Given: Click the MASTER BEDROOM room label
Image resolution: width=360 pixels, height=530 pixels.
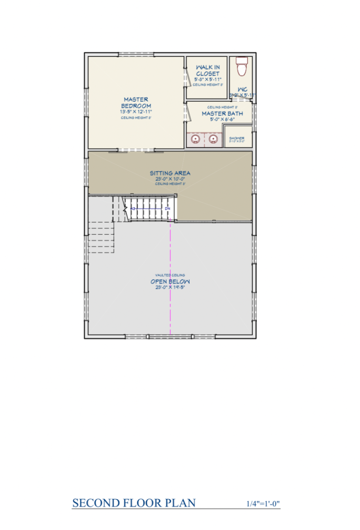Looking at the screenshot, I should tap(136, 103).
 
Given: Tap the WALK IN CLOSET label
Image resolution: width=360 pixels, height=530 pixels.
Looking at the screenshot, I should tap(207, 70).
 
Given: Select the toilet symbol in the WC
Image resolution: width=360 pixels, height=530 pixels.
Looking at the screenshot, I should tap(241, 66).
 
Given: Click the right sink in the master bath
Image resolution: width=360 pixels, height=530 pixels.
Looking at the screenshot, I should tap(213, 139).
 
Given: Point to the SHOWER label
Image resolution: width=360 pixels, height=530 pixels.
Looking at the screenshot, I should tap(237, 138).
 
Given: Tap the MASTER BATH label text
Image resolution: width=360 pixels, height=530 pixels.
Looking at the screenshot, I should tap(222, 114).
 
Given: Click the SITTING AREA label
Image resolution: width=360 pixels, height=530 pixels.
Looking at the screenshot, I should tap(170, 173).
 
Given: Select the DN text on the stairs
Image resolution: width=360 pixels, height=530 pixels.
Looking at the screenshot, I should tap(168, 208).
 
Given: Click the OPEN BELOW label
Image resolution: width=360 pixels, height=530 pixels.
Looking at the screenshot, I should tap(170, 282).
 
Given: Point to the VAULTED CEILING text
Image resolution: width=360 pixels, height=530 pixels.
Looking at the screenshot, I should tap(170, 275).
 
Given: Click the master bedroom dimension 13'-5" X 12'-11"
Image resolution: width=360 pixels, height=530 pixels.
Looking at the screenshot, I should tap(136, 112).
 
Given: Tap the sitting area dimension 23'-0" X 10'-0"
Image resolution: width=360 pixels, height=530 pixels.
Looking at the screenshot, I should tap(170, 179).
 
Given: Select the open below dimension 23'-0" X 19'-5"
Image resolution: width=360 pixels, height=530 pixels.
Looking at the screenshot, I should tap(170, 288).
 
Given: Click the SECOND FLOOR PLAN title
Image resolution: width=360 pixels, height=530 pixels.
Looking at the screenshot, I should tap(134, 503).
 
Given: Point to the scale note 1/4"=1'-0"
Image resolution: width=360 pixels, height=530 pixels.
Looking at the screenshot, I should tap(263, 503).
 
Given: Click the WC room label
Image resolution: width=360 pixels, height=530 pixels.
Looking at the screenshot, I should tap(243, 89).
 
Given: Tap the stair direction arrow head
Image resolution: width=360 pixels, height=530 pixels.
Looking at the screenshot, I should tap(133, 208).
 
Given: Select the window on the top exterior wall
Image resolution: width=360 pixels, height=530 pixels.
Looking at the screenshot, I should tap(136, 54).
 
